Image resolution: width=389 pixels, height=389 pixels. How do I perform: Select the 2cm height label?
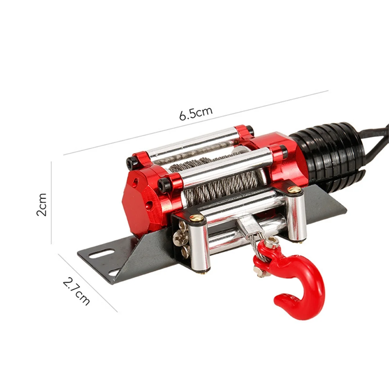click(42, 204)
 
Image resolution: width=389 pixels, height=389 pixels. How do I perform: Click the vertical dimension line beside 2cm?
click(52, 203)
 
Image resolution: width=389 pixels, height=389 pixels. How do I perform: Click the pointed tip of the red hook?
click(278, 300)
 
